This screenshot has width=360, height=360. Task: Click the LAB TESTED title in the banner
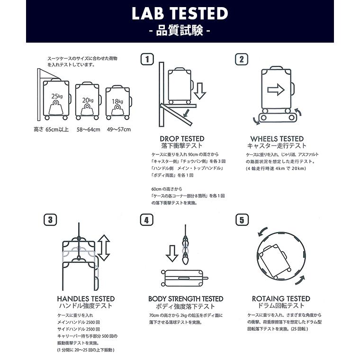(x=180, y=14)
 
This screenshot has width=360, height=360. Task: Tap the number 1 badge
(x=147, y=59)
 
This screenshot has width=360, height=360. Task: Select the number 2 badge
(x=242, y=59)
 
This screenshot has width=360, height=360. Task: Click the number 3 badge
(x=51, y=220)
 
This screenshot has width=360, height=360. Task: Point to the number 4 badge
(x=147, y=220)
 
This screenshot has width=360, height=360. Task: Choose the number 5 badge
(x=242, y=220)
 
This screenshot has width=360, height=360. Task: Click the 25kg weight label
(x=57, y=96)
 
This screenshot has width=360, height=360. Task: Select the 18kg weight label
(x=117, y=101)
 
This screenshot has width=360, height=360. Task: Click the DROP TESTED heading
(x=182, y=139)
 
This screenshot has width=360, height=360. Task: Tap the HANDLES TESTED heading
(x=86, y=299)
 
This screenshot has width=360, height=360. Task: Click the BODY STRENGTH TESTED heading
(x=186, y=299)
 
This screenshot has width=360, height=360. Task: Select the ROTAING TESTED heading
(x=281, y=299)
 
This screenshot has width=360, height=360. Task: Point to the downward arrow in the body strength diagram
(x=171, y=253)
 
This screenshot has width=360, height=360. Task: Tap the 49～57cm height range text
(x=117, y=129)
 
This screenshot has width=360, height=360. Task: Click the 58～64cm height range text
(x=89, y=129)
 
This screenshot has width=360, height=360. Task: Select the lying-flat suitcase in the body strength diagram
(x=184, y=279)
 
